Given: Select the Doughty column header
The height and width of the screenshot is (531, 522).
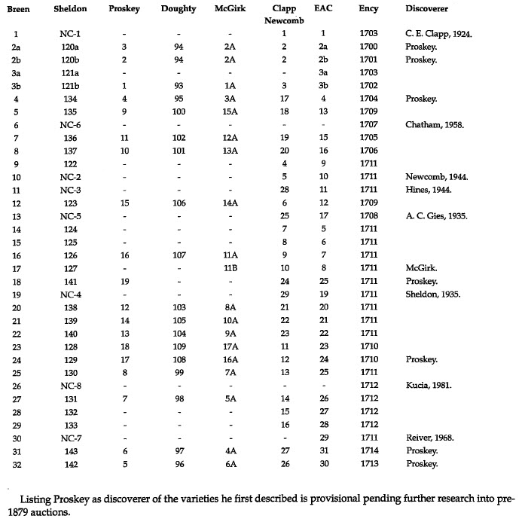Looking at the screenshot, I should [179, 9].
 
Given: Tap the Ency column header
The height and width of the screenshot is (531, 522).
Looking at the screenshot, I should [369, 9].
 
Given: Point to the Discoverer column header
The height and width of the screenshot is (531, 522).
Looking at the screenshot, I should [426, 9].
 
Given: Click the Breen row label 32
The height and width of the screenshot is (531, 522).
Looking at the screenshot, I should [16, 464].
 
